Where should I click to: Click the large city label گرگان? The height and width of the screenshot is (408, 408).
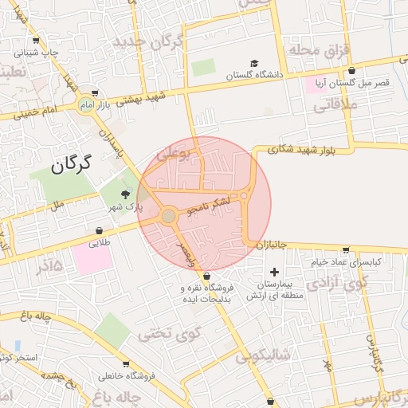(x=71, y=164)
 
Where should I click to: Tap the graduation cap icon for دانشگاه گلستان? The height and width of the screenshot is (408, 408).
(x=254, y=64)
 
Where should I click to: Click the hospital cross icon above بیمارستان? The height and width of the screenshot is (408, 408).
(x=276, y=272)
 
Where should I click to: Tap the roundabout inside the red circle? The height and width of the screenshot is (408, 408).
(x=169, y=216)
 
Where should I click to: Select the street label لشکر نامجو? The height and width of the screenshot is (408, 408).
(x=208, y=206)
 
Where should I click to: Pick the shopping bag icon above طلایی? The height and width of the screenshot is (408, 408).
(x=99, y=231)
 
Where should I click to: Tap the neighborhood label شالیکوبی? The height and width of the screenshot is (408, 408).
(x=266, y=354)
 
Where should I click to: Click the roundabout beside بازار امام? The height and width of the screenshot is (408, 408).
(x=85, y=104)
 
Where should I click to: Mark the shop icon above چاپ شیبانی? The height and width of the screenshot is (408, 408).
(x=35, y=41)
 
